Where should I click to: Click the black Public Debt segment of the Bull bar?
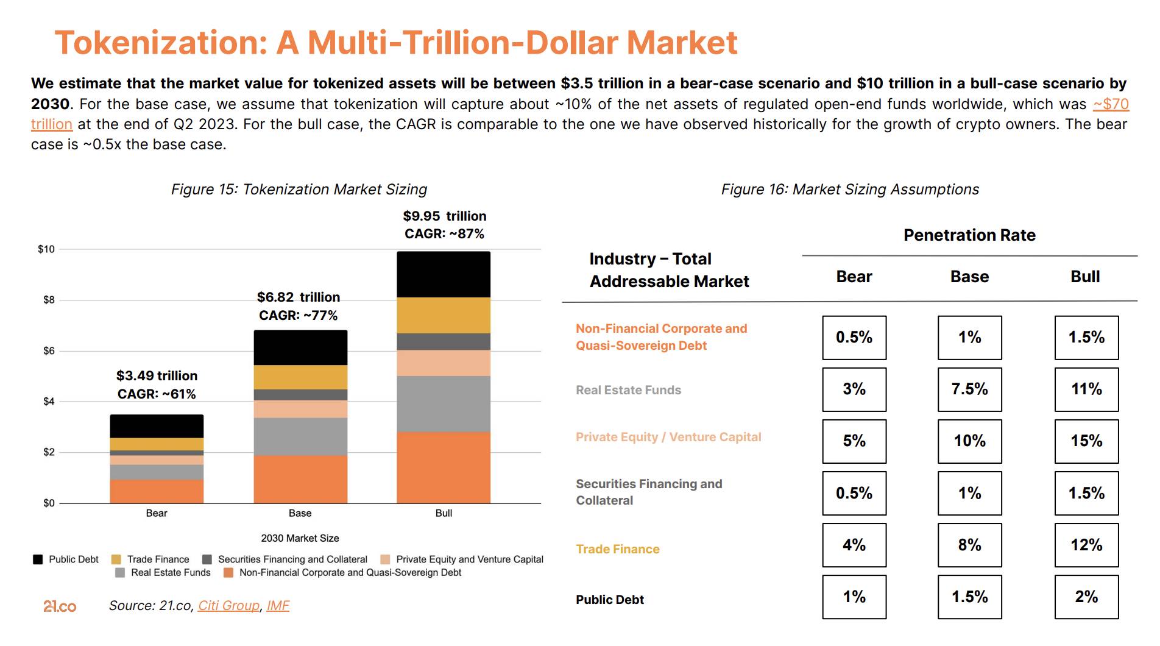click(x=444, y=274)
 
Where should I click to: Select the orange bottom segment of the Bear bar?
click(x=157, y=491)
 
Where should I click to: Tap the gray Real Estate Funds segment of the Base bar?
click(x=300, y=436)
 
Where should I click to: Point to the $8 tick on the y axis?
click(x=48, y=300)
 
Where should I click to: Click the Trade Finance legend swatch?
click(x=116, y=559)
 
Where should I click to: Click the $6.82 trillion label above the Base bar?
click(x=299, y=297)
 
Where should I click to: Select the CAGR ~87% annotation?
click(x=444, y=234)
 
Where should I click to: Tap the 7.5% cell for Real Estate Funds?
click(x=969, y=389)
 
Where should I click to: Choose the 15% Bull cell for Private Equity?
click(x=1086, y=441)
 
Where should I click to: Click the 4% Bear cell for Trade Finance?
click(x=854, y=545)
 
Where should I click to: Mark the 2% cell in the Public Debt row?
click(x=1086, y=597)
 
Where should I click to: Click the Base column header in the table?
click(x=969, y=277)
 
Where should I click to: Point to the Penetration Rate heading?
click(x=969, y=235)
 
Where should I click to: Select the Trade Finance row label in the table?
click(x=617, y=549)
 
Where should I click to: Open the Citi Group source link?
click(x=228, y=606)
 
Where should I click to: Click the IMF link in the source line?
click(x=278, y=606)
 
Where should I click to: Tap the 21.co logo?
click(x=60, y=606)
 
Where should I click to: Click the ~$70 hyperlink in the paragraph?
click(x=1111, y=104)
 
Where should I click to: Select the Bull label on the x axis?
click(x=444, y=513)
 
